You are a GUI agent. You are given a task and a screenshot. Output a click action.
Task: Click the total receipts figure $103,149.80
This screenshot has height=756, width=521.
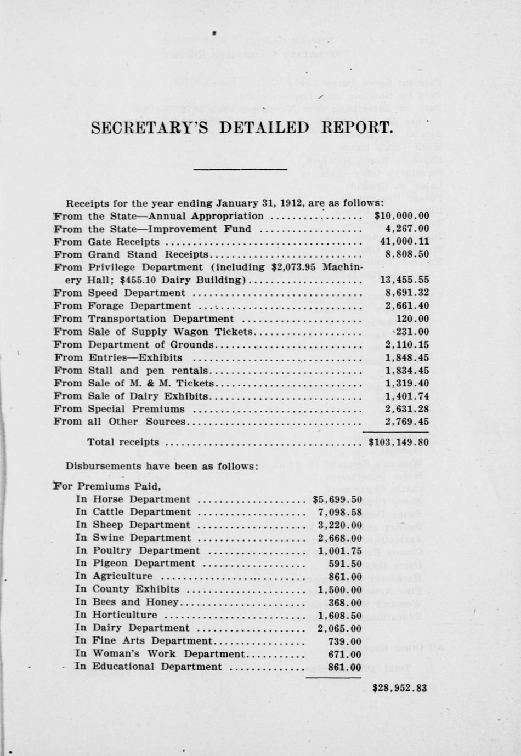tap(399, 442)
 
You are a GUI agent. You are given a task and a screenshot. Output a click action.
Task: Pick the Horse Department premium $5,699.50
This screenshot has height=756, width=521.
tap(337, 499)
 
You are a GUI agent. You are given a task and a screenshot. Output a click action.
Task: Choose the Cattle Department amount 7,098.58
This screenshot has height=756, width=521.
tap(339, 512)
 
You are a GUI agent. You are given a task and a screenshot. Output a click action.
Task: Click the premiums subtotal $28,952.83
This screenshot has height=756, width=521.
tap(399, 687)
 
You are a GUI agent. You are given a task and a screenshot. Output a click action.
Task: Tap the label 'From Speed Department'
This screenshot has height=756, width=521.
tap(120, 293)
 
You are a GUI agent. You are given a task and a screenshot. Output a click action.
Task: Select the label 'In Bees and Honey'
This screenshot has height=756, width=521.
tap(127, 602)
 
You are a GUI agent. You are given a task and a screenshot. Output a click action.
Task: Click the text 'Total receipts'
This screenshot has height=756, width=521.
tap(123, 442)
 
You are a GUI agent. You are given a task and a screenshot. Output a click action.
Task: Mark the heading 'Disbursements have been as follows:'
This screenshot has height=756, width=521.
tap(161, 467)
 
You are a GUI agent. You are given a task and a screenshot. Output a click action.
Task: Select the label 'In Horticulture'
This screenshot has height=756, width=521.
tap(116, 615)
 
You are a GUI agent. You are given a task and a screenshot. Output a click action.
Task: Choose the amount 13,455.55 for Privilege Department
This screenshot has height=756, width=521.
tap(405, 280)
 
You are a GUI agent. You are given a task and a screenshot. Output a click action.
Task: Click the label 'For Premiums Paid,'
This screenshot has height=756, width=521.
tap(107, 486)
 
